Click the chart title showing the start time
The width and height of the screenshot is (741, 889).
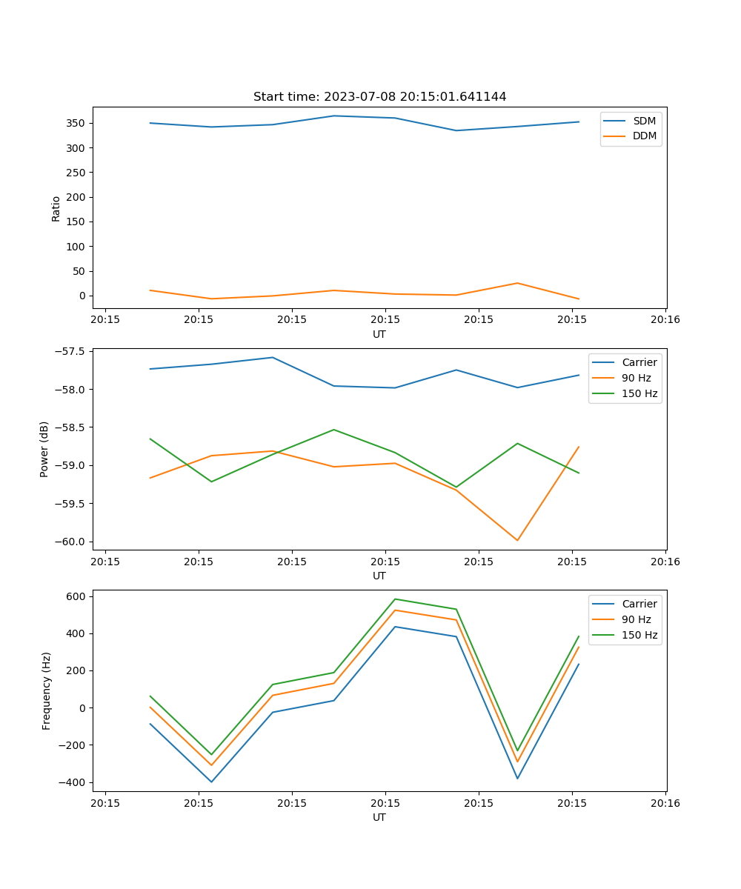[x=379, y=97]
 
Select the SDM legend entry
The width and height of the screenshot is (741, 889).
[x=644, y=121]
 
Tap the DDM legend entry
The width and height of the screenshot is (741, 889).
[x=644, y=136]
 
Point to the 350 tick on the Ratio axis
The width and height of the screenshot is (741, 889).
[x=77, y=123]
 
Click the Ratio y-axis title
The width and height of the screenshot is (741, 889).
[x=56, y=209]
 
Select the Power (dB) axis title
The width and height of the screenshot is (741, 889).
[x=45, y=449]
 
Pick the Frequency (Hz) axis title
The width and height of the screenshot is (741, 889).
[x=47, y=690]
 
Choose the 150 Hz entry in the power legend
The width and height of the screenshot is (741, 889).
[x=639, y=393]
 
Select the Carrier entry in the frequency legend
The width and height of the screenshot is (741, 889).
[x=639, y=604]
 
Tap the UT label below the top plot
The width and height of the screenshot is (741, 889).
[x=379, y=334]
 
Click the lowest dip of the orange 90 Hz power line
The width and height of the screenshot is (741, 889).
[x=517, y=540]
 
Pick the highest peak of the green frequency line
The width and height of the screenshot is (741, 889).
[x=395, y=599]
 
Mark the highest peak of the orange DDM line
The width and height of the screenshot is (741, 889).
[x=517, y=283]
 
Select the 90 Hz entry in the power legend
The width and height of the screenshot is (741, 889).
[x=637, y=378]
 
